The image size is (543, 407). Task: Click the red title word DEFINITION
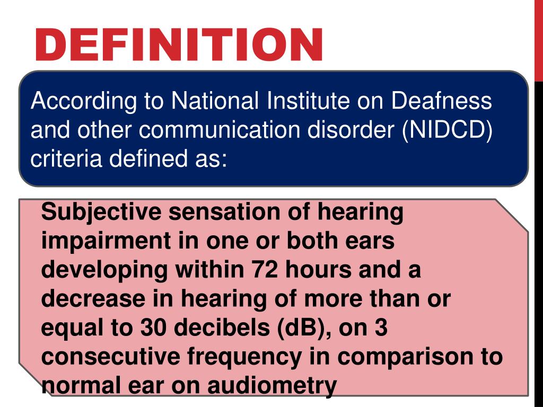pyautogui.click(x=179, y=45)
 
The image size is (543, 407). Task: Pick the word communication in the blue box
pyautogui.click(x=235, y=130)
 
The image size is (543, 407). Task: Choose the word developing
pyautogui.click(x=104, y=270)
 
